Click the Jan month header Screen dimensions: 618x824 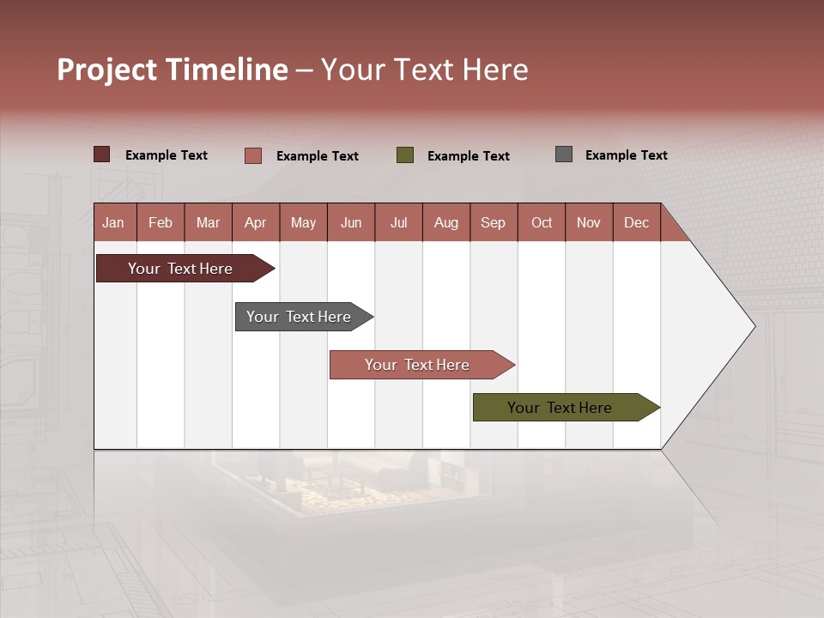tap(114, 222)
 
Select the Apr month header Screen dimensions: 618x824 tap(256, 222)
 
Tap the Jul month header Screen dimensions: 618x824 tap(398, 222)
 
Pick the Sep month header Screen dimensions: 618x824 tap(494, 222)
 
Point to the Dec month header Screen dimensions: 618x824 tap(636, 222)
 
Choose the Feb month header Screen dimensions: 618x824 tap(161, 222)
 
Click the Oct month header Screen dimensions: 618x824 tap(542, 222)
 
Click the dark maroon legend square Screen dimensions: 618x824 tap(102, 154)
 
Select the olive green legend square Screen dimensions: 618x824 tap(405, 154)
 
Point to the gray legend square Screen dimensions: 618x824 tap(564, 154)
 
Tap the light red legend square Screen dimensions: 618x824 tap(253, 155)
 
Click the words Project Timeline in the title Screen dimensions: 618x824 tap(173, 70)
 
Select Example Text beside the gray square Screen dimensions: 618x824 tap(626, 155)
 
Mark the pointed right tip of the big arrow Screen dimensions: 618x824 tap(753, 326)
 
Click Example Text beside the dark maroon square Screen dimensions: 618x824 tap(166, 155)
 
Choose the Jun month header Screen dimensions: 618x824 tap(351, 222)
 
